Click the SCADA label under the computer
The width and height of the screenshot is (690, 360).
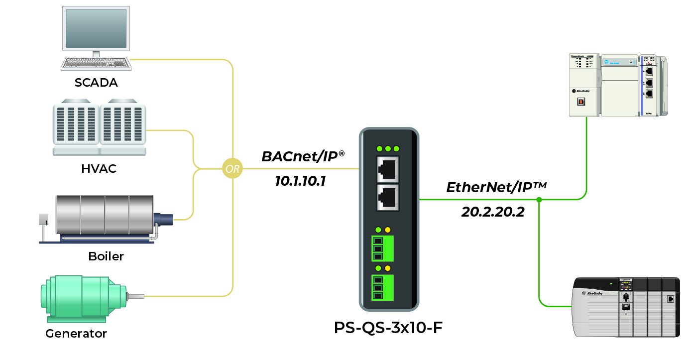tap(96, 83)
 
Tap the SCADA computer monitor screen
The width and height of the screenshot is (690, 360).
tap(96, 27)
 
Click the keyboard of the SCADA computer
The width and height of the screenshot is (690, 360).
tap(96, 63)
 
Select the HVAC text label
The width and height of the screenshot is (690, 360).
tap(99, 169)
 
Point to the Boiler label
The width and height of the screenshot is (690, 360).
tap(106, 257)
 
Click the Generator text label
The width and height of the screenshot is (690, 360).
tap(76, 333)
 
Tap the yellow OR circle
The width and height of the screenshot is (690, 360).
tap(232, 169)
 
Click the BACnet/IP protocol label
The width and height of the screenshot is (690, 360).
tap(303, 157)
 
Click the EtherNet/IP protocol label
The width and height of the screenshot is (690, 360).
tap(496, 188)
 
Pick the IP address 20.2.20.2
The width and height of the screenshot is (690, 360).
tap(493, 212)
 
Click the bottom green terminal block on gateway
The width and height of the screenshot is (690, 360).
tap(382, 288)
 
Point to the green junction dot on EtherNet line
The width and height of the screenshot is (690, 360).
tap(539, 200)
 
